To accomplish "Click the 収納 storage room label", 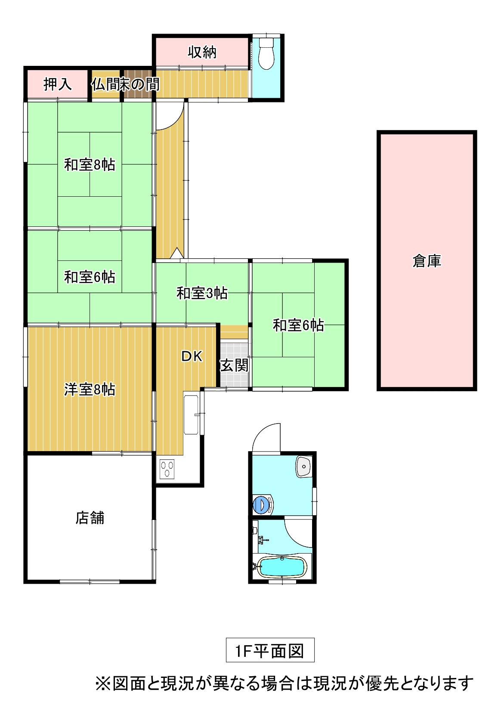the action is (202, 52).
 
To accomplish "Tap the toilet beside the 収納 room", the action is (266, 54).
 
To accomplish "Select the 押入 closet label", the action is (58, 84).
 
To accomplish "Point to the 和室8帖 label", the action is (90, 164).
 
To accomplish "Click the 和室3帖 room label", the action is (202, 293).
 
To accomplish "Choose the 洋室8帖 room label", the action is (90, 390).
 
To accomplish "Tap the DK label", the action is (192, 356).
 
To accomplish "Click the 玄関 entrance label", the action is (234, 365).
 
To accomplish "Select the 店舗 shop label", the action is (90, 517).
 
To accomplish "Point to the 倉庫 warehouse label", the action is (427, 261).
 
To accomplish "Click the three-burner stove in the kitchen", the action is (167, 469).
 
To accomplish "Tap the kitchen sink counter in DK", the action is (191, 415).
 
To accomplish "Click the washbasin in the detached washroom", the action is (303, 467).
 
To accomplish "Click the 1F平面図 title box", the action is (270, 650).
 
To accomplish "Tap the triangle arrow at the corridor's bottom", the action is (176, 253).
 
